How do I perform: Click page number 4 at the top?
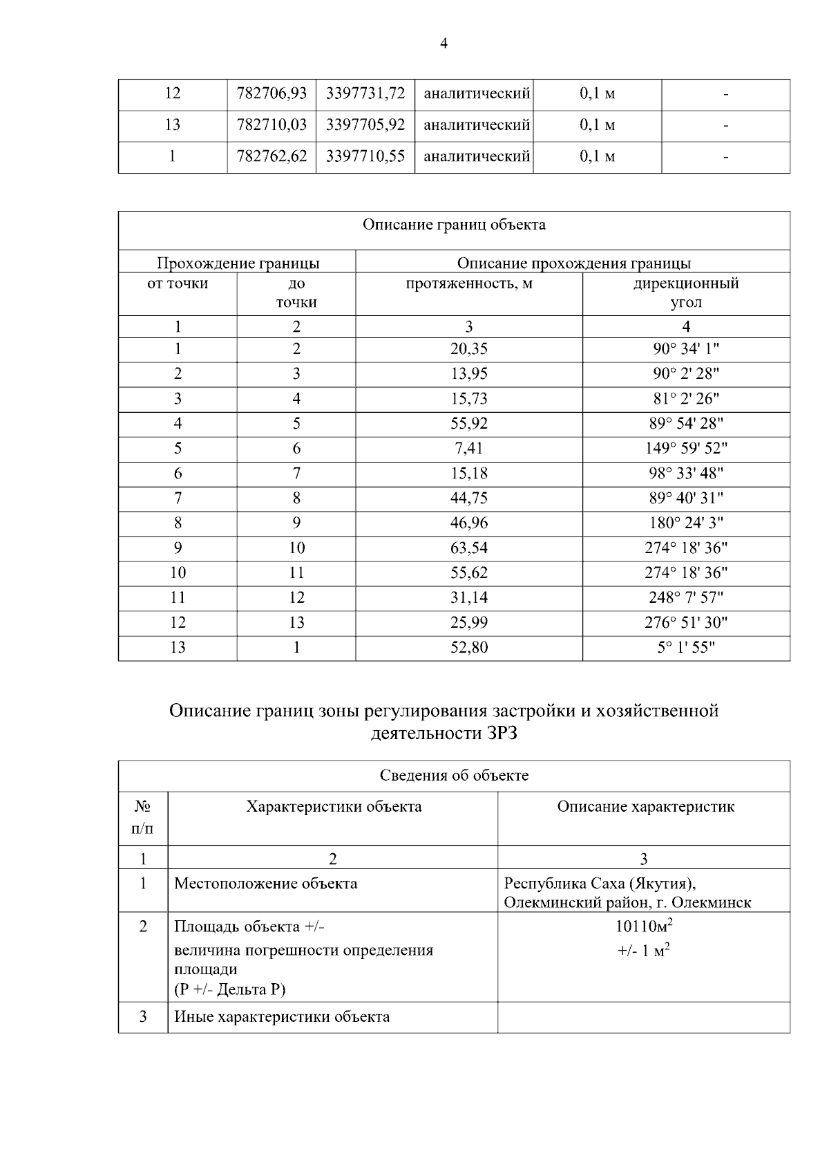pyautogui.click(x=444, y=44)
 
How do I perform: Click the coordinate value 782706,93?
pyautogui.click(x=271, y=93)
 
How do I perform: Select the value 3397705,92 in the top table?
pyautogui.click(x=365, y=125)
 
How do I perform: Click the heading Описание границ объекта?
pyautogui.click(x=454, y=225)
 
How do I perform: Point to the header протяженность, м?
pyautogui.click(x=468, y=284)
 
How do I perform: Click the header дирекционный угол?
pyautogui.click(x=685, y=293)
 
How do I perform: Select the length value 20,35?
pyautogui.click(x=468, y=349)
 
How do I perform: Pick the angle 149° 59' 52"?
pyautogui.click(x=685, y=449)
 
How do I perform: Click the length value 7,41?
pyautogui.click(x=468, y=449)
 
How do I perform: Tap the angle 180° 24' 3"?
pyautogui.click(x=685, y=523)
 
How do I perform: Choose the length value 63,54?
pyautogui.click(x=468, y=548)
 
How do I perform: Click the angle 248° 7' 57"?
pyautogui.click(x=685, y=598)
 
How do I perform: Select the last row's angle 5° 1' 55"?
pyautogui.click(x=685, y=648)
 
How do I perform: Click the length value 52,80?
pyautogui.click(x=468, y=648)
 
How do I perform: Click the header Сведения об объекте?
pyautogui.click(x=454, y=776)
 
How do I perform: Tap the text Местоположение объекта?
pyautogui.click(x=265, y=884)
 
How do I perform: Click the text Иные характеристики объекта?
pyautogui.click(x=282, y=1017)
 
